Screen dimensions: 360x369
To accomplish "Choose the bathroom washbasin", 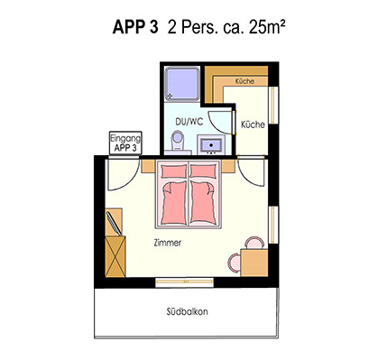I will point(211,143).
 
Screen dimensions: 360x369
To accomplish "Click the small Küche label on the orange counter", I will point(244,82).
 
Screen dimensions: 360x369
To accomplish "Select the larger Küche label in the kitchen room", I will point(254,125).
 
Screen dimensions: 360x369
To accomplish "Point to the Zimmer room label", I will point(168,244).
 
